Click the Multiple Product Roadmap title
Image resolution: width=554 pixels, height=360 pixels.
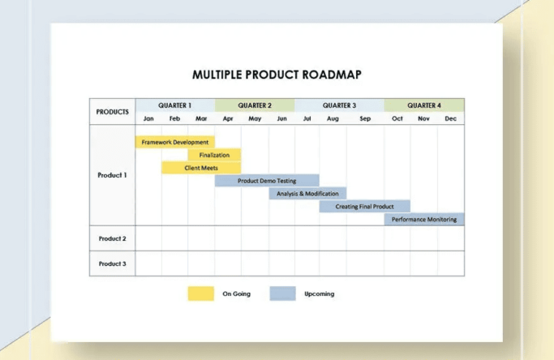[x=277, y=75]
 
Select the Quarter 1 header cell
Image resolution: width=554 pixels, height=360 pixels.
[x=174, y=105]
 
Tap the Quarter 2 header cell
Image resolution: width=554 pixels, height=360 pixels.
[x=255, y=105]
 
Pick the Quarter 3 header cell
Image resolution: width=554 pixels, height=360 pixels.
[x=339, y=105]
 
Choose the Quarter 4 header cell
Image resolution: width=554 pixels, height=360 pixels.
[x=423, y=105]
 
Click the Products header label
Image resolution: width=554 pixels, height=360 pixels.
[x=112, y=112]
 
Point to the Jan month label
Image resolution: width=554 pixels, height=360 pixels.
[x=148, y=118]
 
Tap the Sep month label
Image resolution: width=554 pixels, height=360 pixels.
[x=364, y=118]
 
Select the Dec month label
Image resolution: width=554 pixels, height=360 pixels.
[x=450, y=118]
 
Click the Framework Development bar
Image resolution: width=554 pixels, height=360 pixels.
[x=174, y=142]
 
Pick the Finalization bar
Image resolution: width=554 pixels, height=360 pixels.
[x=214, y=155]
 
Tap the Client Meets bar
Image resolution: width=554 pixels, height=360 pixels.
[x=201, y=168]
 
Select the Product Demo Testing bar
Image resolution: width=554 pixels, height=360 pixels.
[x=267, y=181]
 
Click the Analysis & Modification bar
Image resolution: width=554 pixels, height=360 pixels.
[x=307, y=194]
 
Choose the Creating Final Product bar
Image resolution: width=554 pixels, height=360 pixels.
[x=364, y=207]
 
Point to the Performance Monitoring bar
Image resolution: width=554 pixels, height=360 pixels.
[x=423, y=219]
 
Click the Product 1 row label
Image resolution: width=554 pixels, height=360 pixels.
[x=112, y=174]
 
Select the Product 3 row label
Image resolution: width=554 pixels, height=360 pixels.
[x=112, y=264]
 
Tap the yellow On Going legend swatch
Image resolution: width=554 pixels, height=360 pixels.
[x=201, y=294]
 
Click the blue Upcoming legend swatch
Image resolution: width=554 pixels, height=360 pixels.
[x=282, y=294]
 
